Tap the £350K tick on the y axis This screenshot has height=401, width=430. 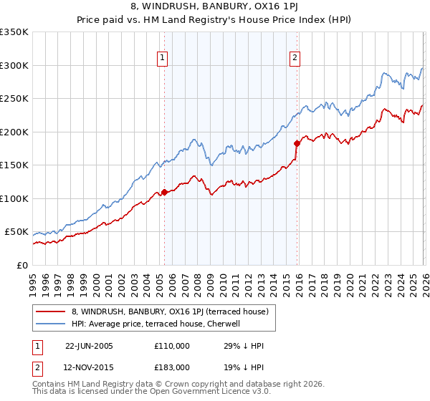click(14, 32)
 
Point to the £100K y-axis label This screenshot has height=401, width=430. click(14, 198)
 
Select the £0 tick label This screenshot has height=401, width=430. click(21, 265)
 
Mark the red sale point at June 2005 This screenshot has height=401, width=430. click(165, 192)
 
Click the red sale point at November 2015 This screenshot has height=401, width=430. click(297, 143)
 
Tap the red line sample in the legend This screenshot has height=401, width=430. click(51, 311)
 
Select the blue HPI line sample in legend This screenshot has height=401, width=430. click(51, 324)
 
